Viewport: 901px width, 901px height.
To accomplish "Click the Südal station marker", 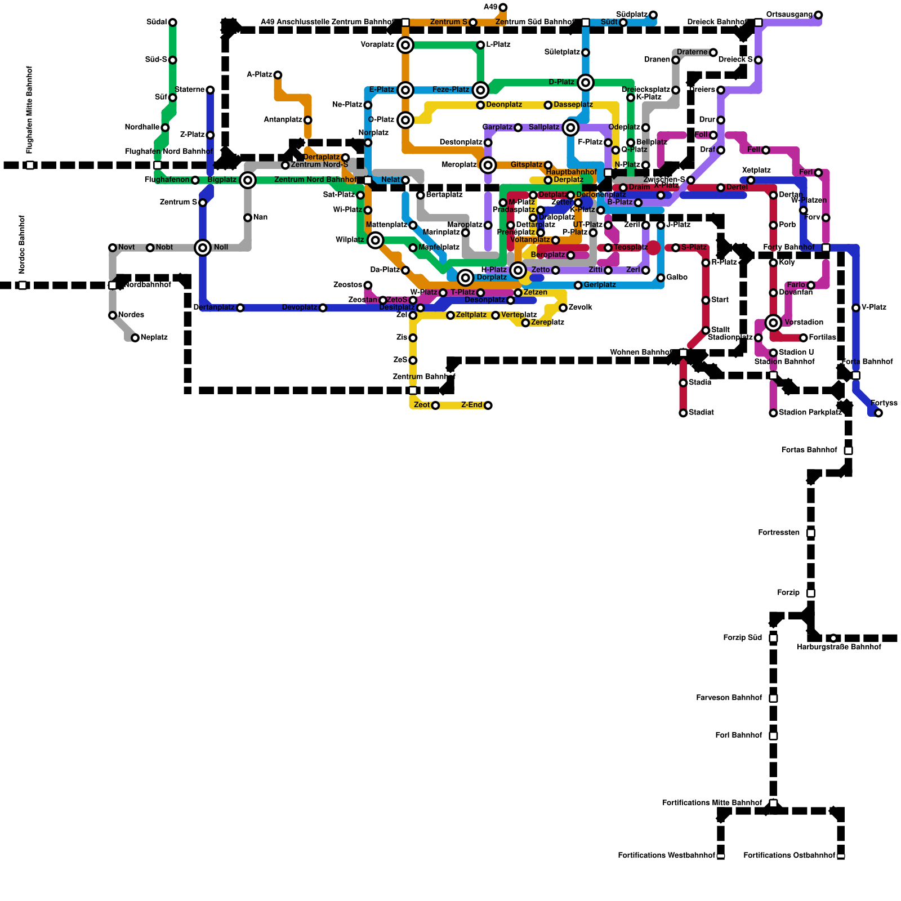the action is pyautogui.click(x=173, y=23).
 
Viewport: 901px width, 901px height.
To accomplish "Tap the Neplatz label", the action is pyautogui.click(x=154, y=338).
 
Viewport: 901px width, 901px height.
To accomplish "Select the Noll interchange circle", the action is pyautogui.click(x=203, y=248).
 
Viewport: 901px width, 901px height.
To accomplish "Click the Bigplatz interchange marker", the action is pyautogui.click(x=248, y=180).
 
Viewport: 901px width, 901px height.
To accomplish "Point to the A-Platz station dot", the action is pyautogui.click(x=278, y=75).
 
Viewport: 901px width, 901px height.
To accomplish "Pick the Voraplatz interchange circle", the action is pyautogui.click(x=405, y=45).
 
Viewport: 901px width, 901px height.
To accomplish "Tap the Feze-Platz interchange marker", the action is pyautogui.click(x=480, y=90).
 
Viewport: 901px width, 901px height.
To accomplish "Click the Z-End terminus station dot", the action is pyautogui.click(x=488, y=405).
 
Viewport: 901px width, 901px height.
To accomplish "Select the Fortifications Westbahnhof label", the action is pyautogui.click(x=666, y=856).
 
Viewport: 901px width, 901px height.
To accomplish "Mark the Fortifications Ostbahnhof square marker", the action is pyautogui.click(x=841, y=856).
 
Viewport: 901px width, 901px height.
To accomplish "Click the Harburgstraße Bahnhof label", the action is pyautogui.click(x=838, y=648).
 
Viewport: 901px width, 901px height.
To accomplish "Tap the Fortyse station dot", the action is pyautogui.click(x=878, y=413).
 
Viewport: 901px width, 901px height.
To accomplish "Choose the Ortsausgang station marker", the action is pyautogui.click(x=818, y=15).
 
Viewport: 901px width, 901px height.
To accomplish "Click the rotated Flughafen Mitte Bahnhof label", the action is pyautogui.click(x=30, y=110).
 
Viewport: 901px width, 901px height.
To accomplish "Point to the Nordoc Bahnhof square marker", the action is pyautogui.click(x=23, y=286).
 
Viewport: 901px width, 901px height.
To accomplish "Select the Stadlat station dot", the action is pyautogui.click(x=683, y=413).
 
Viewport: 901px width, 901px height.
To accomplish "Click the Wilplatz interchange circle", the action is pyautogui.click(x=376, y=240).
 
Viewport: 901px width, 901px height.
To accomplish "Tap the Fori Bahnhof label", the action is pyautogui.click(x=738, y=736).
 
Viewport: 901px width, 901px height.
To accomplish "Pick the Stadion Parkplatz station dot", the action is pyautogui.click(x=773, y=413).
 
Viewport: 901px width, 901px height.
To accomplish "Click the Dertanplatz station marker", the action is pyautogui.click(x=240, y=308).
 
